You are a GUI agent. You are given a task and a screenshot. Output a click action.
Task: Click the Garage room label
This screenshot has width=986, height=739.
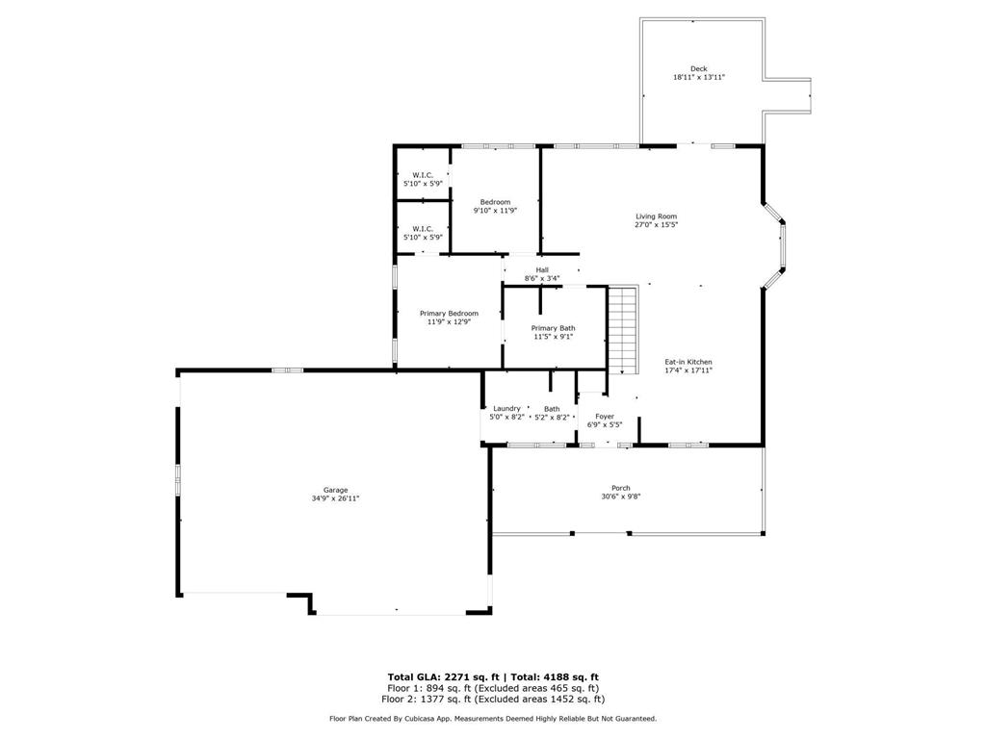point(335,490)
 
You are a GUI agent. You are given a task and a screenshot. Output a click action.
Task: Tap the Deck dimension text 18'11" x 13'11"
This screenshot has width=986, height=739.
point(699,77)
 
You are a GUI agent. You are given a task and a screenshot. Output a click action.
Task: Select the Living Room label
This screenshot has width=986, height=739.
point(656,217)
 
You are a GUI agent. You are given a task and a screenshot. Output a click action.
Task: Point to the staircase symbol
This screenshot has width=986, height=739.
point(623,330)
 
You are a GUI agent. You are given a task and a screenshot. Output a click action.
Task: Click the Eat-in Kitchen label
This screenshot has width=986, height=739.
point(688,362)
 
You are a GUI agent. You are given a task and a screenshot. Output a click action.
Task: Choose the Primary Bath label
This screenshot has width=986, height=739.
point(553,328)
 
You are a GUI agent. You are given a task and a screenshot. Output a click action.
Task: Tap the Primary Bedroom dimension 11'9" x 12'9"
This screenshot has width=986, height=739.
point(449,321)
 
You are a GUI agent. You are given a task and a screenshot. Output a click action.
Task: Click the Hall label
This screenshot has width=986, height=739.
point(542,270)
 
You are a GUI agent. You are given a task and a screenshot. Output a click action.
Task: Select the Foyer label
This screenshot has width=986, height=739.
point(605,416)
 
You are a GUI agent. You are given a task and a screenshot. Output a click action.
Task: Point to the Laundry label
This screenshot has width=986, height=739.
point(506,408)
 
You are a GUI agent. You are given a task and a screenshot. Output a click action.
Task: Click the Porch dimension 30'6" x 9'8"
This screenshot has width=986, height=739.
point(621,497)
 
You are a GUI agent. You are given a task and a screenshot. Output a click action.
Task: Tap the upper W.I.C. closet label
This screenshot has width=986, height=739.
point(423,175)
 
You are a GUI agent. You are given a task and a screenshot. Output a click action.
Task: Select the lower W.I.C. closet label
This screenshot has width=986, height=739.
point(423,229)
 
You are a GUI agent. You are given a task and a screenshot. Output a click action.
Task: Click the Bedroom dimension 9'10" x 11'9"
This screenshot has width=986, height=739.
point(495,211)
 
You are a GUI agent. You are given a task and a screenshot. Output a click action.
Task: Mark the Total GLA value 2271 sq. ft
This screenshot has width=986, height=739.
point(472,676)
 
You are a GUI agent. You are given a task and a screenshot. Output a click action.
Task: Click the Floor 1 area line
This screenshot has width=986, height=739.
point(493,688)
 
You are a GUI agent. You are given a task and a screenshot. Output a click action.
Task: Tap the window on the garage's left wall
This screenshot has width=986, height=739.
point(178,480)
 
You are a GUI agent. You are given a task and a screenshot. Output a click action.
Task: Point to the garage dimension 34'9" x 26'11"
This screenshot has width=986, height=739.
point(335,498)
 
